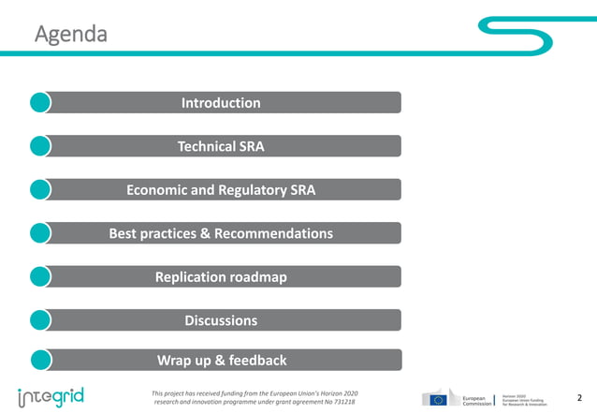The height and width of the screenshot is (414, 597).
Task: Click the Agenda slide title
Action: (x=70, y=35)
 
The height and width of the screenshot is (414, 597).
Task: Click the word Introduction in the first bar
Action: (x=221, y=103)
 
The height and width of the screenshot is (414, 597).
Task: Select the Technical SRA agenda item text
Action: (x=221, y=146)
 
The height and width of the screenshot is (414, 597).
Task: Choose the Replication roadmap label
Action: (x=221, y=276)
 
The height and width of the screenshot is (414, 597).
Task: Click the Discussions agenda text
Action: (x=221, y=320)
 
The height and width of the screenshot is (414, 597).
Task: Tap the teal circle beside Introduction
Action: (x=40, y=102)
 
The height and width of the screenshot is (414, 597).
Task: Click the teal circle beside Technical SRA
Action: (x=40, y=146)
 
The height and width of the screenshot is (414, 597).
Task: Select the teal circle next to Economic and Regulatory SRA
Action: (x=40, y=189)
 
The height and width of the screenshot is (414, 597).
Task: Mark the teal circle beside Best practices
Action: (x=40, y=233)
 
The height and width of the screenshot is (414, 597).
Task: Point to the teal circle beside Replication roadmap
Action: (x=40, y=276)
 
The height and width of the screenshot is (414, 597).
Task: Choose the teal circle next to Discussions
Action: (x=40, y=320)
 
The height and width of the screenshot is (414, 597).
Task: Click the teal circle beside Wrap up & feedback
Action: (x=40, y=360)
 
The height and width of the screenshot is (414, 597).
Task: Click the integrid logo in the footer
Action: (x=51, y=396)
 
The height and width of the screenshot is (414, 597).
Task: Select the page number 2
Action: (x=579, y=397)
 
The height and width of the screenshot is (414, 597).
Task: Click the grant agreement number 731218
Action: (x=343, y=403)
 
